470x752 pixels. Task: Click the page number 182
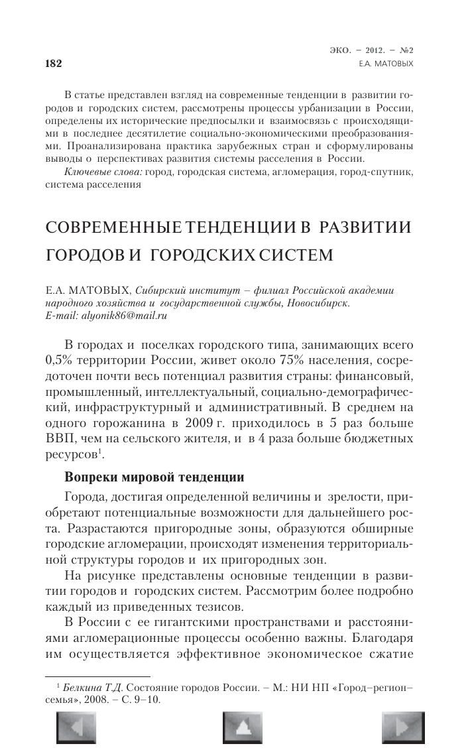52,64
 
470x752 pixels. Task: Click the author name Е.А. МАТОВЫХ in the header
395,64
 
